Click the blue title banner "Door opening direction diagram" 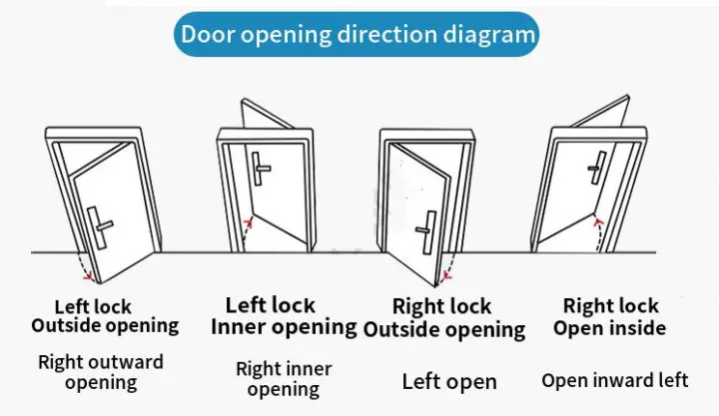359,34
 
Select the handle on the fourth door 597,168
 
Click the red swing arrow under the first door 87,271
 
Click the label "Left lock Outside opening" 104,316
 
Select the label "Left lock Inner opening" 284,316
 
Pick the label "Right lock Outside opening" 443,317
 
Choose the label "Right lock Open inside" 610,316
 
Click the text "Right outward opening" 100,372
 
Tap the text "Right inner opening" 283,379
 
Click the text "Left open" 448,381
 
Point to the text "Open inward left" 614,380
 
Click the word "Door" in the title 208,34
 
